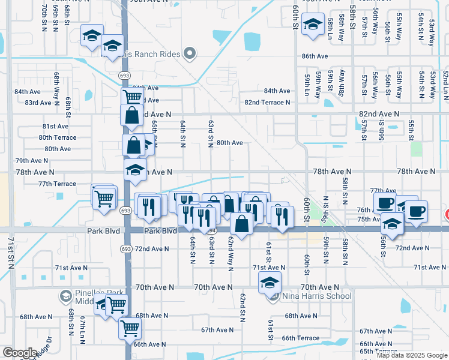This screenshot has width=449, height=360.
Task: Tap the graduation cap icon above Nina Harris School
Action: pos(270,281)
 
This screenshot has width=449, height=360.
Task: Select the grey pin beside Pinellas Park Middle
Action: pos(66,296)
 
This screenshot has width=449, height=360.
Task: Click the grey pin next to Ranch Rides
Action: pos(190,54)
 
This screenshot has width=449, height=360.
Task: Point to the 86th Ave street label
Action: pos(315,56)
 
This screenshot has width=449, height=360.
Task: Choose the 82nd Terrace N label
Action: pos(267,103)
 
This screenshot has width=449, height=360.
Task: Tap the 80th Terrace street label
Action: pos(58,137)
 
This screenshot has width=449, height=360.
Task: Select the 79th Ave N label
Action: pos(32,161)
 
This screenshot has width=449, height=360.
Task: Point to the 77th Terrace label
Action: pos(57,184)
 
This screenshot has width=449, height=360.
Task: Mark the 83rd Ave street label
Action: pos(38,103)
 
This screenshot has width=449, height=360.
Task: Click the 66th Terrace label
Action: pos(301,338)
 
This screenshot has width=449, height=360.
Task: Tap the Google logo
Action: pos(20,353)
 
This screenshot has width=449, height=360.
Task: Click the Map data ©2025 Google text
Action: pos(411,355)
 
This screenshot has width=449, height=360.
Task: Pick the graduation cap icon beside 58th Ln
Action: pos(312,25)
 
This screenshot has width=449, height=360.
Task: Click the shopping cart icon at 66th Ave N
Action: pos(130,328)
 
